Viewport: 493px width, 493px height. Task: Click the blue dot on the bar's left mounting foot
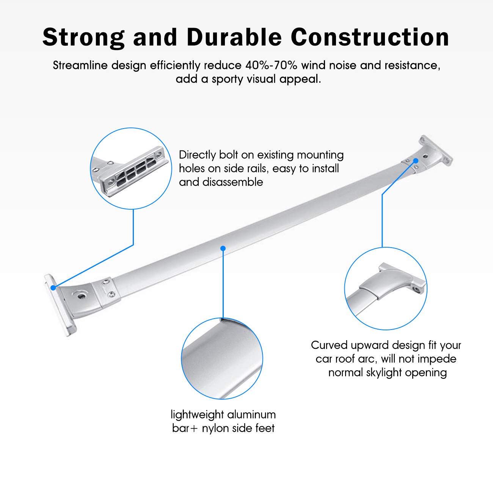click(53, 287)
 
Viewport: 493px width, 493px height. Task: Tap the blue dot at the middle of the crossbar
click(223, 248)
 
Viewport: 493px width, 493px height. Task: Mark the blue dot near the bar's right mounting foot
click(416, 161)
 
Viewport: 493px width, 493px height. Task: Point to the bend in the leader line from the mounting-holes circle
click(133, 245)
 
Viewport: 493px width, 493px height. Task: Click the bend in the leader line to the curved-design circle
click(382, 195)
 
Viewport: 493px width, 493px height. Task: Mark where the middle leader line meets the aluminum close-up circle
click(223, 318)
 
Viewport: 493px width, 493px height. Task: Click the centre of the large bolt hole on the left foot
click(82, 296)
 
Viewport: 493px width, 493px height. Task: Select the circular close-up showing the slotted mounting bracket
click(131, 168)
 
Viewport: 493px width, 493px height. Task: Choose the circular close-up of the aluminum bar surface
click(222, 358)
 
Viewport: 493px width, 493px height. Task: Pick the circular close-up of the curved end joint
click(386, 288)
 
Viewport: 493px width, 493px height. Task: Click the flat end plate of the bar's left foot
click(60, 305)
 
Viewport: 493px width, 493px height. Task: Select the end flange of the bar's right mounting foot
click(436, 151)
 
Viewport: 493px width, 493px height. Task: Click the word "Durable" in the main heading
click(234, 37)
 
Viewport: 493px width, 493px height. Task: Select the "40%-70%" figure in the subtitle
click(271, 66)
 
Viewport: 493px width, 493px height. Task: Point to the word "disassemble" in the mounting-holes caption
click(233, 182)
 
